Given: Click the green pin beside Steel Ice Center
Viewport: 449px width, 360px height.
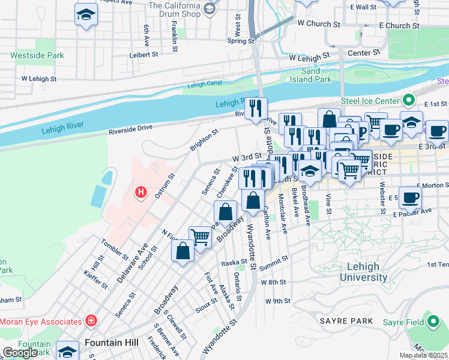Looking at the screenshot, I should [x=409, y=100].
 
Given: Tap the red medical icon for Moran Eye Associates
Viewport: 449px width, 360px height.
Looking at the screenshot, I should [x=91, y=321].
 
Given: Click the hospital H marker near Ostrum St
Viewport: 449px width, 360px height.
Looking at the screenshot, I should [x=140, y=193].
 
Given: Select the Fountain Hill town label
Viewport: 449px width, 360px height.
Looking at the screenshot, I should [x=112, y=343].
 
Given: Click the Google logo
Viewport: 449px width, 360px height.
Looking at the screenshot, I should [x=20, y=353].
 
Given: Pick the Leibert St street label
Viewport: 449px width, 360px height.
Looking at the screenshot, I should [x=144, y=54].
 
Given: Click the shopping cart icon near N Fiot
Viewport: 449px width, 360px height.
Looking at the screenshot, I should [x=199, y=236].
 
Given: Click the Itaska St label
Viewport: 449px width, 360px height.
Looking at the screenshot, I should [x=234, y=263].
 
